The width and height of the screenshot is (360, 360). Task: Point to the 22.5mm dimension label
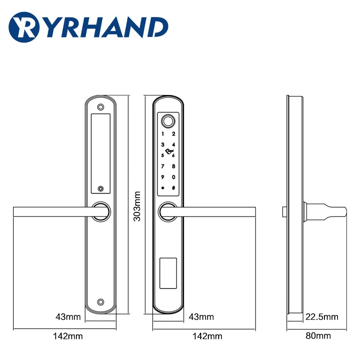[322, 317]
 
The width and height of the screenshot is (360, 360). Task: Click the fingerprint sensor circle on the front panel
[168, 121]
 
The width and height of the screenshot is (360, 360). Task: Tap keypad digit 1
[162, 133]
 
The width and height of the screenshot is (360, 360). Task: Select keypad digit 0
[173, 177]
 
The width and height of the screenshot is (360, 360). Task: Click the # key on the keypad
[173, 188]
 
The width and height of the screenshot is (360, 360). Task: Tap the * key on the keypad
[162, 188]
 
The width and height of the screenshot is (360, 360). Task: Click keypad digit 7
[162, 166]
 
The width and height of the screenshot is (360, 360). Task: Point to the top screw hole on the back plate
[101, 108]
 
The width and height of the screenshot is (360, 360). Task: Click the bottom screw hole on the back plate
[101, 302]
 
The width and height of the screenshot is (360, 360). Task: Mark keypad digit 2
[173, 133]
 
